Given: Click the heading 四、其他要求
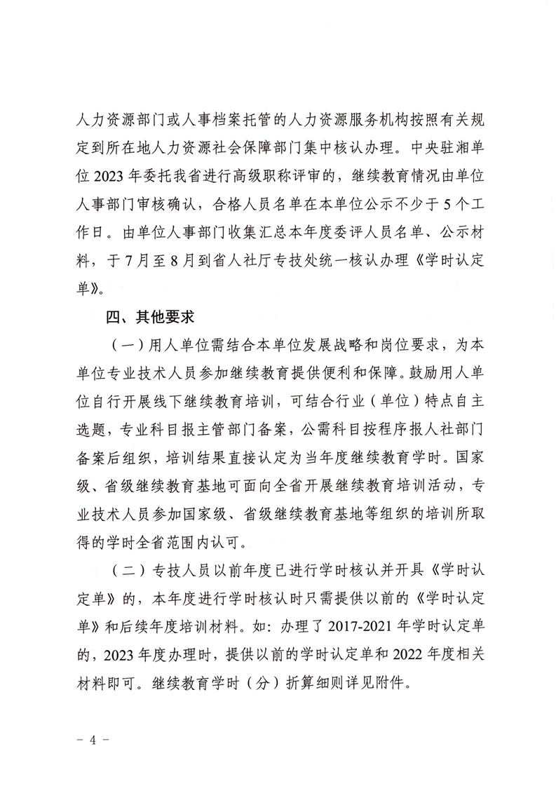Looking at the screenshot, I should pos(149,317).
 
